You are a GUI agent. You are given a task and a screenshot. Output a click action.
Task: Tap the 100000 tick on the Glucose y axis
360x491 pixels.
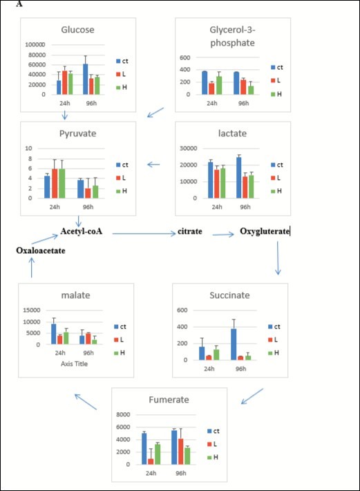click(35, 44)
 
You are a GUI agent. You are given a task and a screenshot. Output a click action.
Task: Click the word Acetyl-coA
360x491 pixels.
click(81, 231)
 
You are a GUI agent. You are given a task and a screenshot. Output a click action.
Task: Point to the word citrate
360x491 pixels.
click(190, 231)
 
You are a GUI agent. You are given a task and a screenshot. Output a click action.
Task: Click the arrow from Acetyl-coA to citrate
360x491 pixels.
click(142, 234)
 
